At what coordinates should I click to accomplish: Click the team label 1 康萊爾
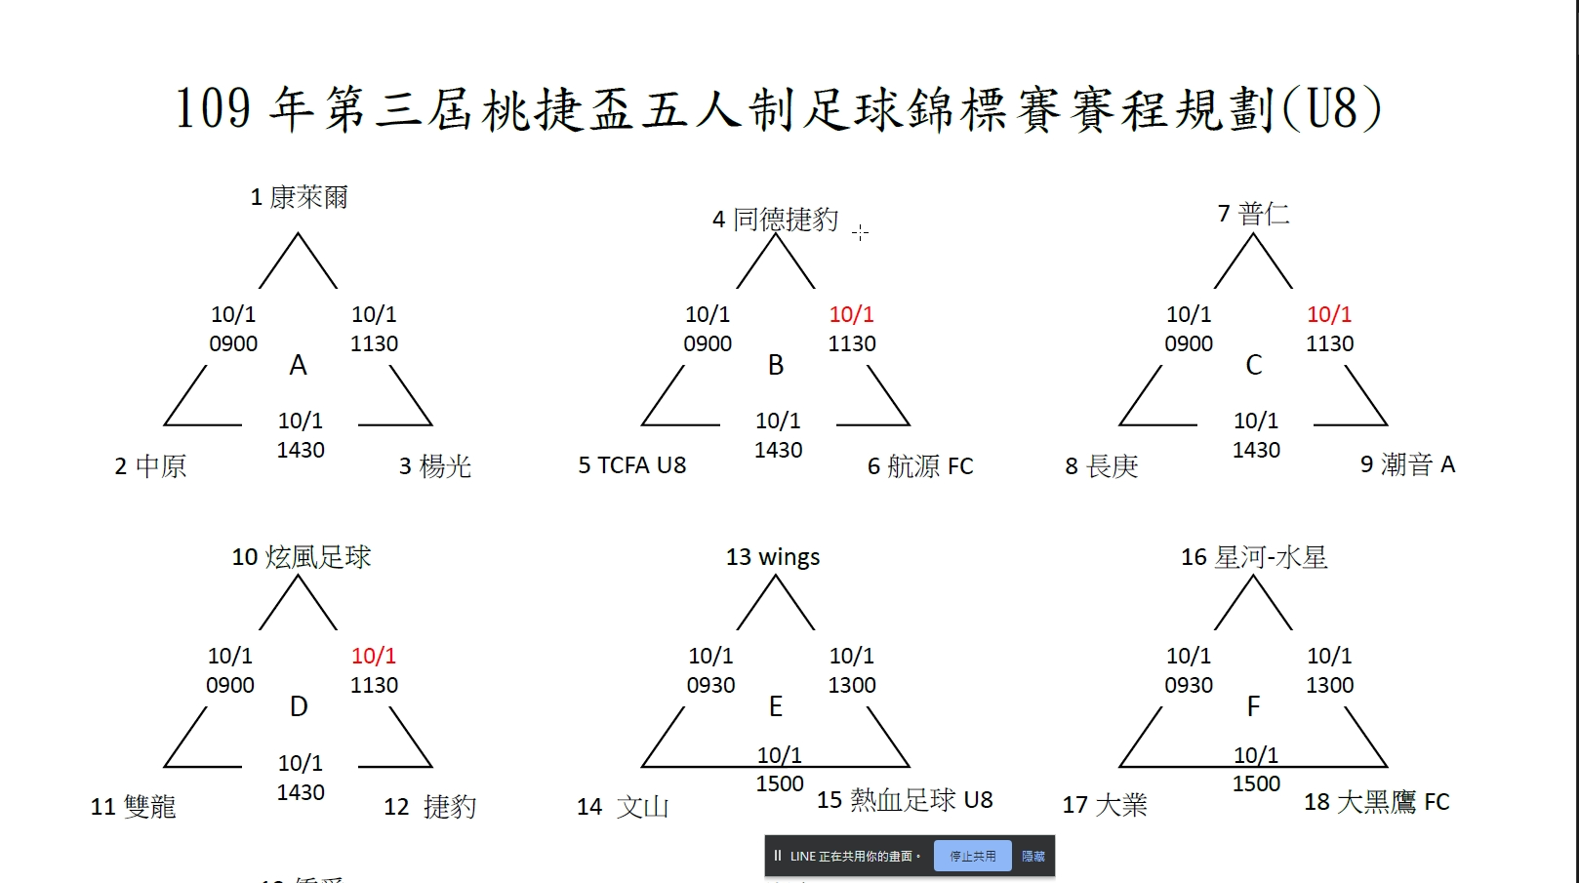(x=299, y=197)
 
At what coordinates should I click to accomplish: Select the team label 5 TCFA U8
(x=631, y=465)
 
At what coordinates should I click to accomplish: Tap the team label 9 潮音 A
(x=1407, y=464)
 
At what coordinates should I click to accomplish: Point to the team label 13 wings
(x=773, y=557)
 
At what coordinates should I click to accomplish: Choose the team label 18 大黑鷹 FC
(x=1377, y=802)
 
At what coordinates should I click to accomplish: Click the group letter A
(x=299, y=365)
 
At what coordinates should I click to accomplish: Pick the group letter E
(x=776, y=706)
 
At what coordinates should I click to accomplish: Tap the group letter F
(x=1253, y=706)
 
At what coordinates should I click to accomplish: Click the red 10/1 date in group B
(x=852, y=314)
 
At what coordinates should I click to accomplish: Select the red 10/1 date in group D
(x=374, y=656)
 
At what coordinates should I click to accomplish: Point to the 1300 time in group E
(x=852, y=685)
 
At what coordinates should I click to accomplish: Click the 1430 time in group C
(x=1256, y=450)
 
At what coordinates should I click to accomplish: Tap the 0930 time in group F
(x=1189, y=685)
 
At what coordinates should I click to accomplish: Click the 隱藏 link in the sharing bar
(x=1033, y=857)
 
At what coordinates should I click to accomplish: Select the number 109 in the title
(x=213, y=108)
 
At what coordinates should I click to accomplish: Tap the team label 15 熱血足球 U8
(x=905, y=800)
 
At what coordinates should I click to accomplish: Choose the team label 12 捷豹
(x=430, y=807)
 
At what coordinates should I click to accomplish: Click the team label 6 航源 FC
(x=920, y=465)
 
